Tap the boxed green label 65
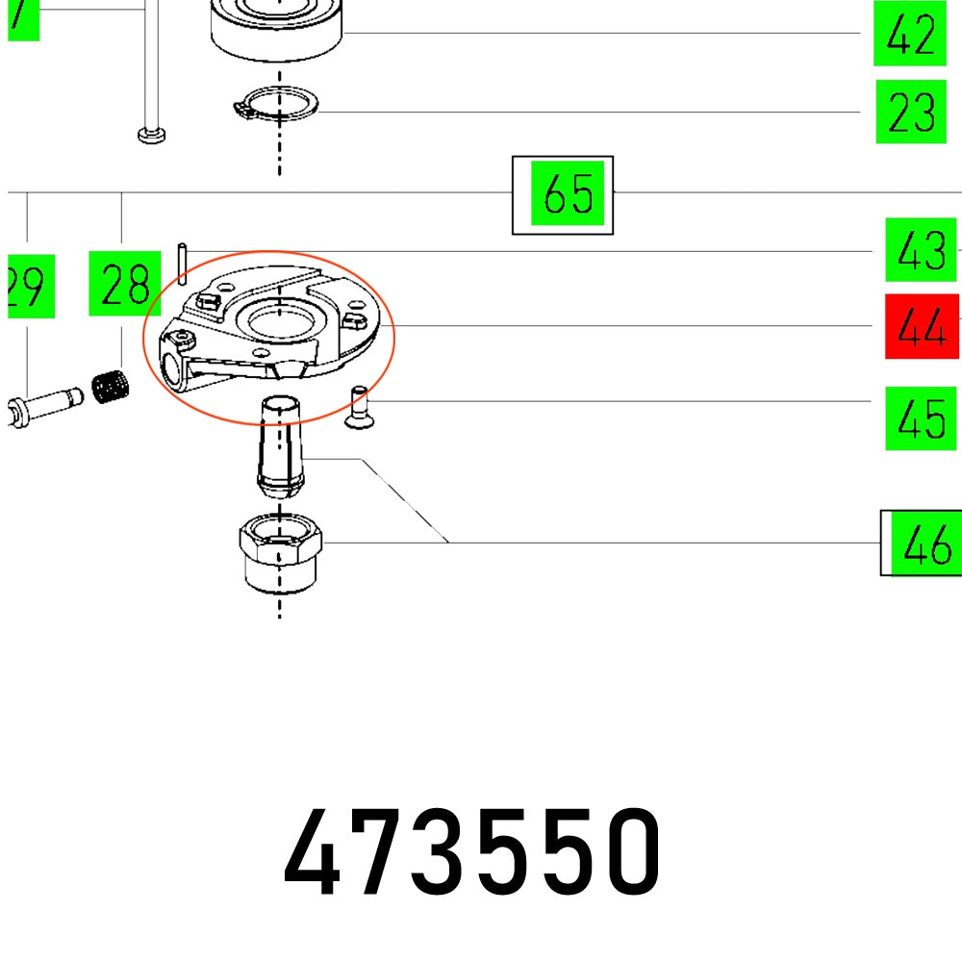point(568,194)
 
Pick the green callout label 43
point(921,250)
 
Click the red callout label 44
point(922,326)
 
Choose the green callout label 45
point(921,418)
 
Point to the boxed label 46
point(926,544)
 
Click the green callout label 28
point(124,283)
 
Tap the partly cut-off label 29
point(29,286)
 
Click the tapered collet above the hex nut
point(279,443)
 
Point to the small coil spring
point(111,387)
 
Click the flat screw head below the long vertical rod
point(151,135)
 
